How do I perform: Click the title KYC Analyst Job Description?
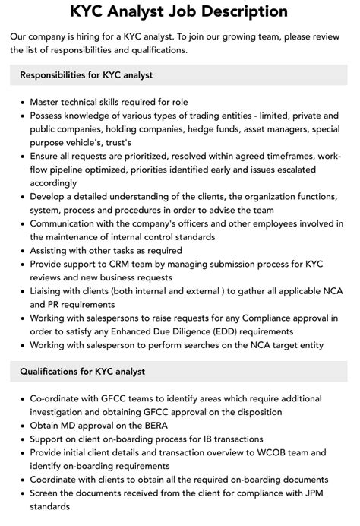[x=179, y=12]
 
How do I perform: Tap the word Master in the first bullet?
[x=47, y=102]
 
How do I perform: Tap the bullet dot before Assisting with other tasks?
[x=21, y=251]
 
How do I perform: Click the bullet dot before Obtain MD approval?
[x=21, y=426]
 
